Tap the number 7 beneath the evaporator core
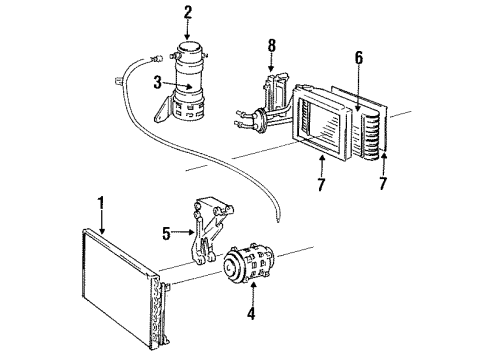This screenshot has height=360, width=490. (320, 186)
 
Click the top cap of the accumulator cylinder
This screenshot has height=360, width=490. (187, 47)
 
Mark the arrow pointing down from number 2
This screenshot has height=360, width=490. (186, 29)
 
